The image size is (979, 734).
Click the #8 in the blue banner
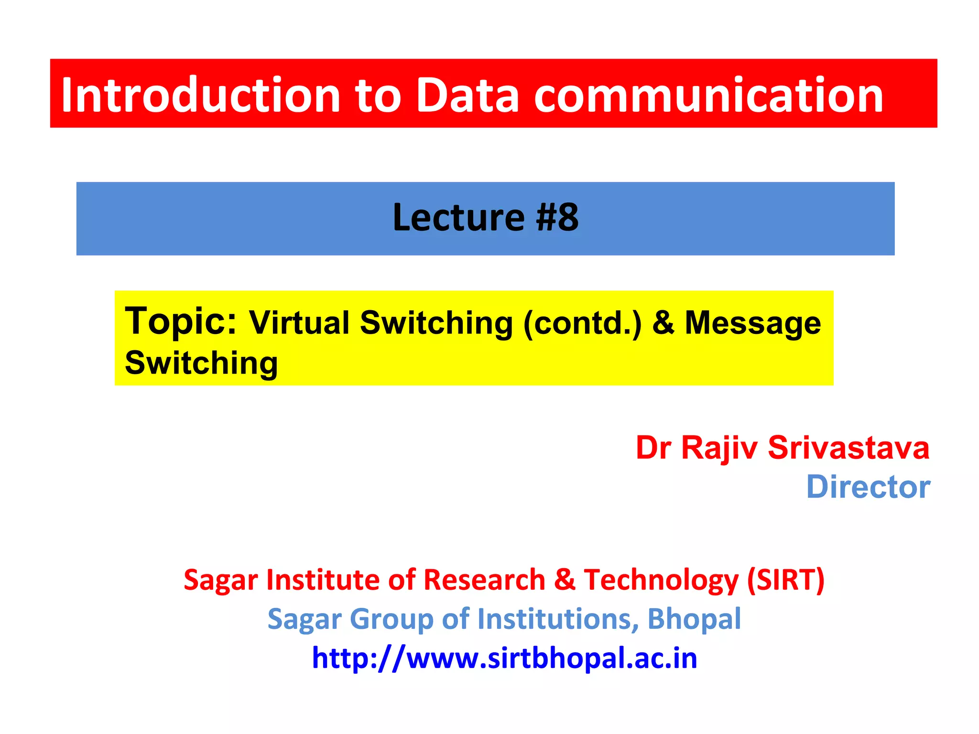[x=557, y=218]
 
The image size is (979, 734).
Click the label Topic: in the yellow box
[x=181, y=321]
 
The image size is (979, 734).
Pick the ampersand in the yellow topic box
[x=664, y=323]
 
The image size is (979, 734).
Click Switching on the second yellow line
[x=201, y=363]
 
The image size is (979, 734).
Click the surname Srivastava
[x=848, y=448]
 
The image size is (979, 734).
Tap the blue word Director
[x=868, y=487]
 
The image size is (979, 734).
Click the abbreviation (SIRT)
[x=786, y=580]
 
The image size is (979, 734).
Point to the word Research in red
[x=484, y=580]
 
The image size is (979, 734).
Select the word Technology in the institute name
[x=661, y=580]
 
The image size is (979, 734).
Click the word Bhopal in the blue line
[x=694, y=619]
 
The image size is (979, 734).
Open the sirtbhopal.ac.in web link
[x=504, y=658]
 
